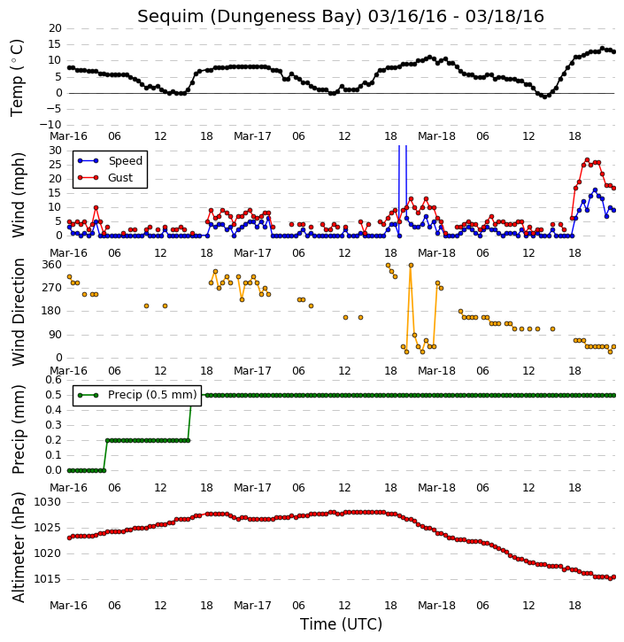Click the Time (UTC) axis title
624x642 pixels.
coord(341,625)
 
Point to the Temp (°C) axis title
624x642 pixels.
coord(17,78)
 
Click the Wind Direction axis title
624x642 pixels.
coord(19,312)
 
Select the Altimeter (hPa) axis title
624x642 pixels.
coord(19,547)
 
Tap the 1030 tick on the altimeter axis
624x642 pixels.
coord(48,502)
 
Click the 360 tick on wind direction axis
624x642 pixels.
coord(52,265)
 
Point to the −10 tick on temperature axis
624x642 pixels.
coord(50,125)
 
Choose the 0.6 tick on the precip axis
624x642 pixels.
coord(54,380)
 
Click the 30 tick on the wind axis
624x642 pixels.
coord(55,151)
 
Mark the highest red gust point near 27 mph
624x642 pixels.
coord(587,160)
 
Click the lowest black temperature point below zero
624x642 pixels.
coord(544,97)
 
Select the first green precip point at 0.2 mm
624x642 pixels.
coord(108,441)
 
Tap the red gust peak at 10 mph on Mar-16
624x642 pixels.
coord(96,207)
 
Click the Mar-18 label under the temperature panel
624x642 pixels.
coord(436,136)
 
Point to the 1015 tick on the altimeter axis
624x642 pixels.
coord(48,579)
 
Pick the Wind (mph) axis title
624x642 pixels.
coord(19,195)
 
